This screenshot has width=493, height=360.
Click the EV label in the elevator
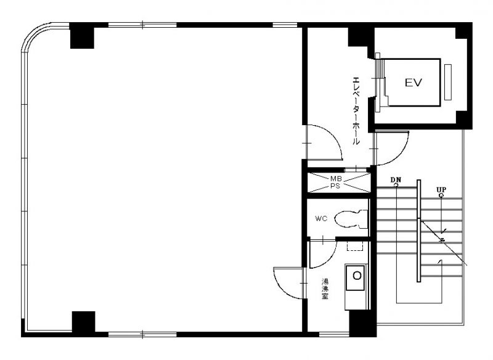pyautogui.click(x=413, y=83)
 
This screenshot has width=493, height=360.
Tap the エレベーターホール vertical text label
pyautogui.click(x=356, y=110)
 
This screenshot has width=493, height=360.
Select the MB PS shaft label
pyautogui.click(x=336, y=182)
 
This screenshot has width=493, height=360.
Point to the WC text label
pyautogui.click(x=321, y=218)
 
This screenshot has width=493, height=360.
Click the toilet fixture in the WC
pyautogui.click(x=351, y=219)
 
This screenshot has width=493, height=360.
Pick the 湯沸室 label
pyautogui.click(x=325, y=289)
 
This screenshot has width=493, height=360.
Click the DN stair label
pyautogui.click(x=396, y=180)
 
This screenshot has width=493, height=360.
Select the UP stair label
pyautogui.click(x=441, y=190)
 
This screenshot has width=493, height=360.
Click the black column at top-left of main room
pyautogui.click(x=82, y=35)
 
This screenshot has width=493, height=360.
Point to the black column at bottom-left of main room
pyautogui.click(x=83, y=323)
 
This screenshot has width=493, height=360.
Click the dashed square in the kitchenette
pyautogui.click(x=355, y=246)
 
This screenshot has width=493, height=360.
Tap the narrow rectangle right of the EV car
pyautogui.click(x=448, y=82)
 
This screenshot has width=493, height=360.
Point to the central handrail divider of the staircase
pyautogui.click(x=419, y=231)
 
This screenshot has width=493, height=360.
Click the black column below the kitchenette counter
pyautogui.click(x=363, y=324)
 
